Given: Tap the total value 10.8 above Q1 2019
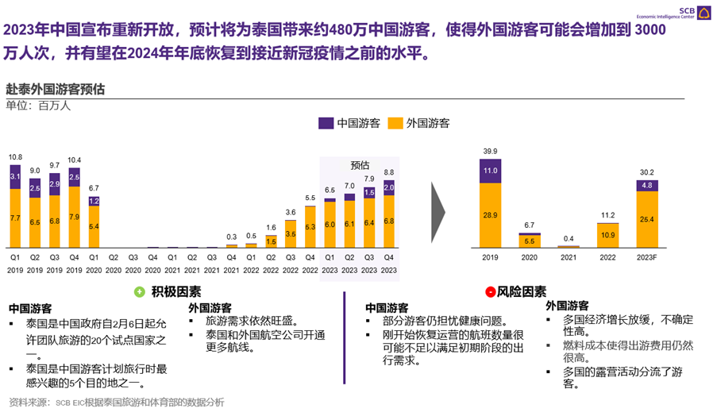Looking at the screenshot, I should (15, 157).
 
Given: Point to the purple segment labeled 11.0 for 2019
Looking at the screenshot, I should (490, 171).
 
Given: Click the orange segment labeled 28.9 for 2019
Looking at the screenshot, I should (490, 215).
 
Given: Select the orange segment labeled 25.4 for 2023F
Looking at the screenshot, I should (646, 219).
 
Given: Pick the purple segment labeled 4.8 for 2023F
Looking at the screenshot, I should (646, 186).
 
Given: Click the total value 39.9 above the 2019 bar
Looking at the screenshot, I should (490, 151).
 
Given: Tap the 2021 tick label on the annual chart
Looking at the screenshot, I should (569, 257).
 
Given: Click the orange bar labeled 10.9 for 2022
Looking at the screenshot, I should (607, 235).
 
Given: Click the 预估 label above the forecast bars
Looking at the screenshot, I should (360, 165).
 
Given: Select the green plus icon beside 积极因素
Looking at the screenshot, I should (140, 291).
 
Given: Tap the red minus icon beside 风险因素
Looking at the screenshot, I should (490, 292).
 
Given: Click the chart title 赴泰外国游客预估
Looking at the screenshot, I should (55, 89).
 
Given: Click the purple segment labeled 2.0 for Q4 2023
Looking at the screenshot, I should (388, 187).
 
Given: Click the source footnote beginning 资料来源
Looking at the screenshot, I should (117, 403).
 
